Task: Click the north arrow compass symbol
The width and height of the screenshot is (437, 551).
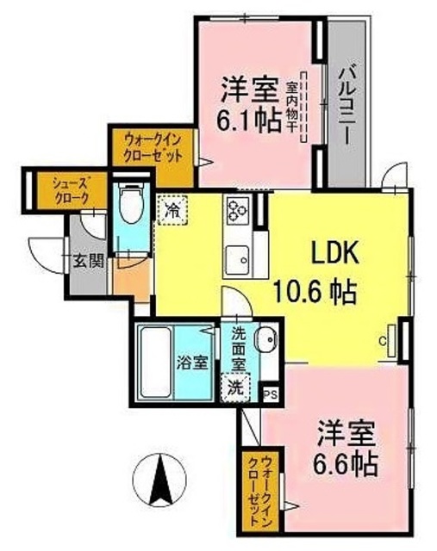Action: point(161,479)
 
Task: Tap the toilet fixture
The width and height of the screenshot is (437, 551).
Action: point(131,206)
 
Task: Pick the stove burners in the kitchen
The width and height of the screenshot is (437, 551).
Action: point(237,210)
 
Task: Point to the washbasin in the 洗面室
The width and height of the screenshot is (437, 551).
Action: point(265,338)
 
